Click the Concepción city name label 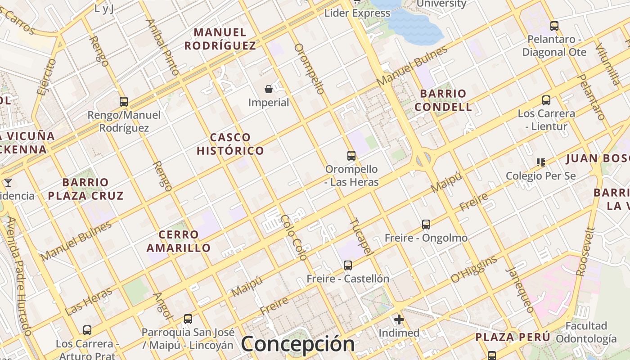[x=297, y=344]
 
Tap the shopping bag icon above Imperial [x=269, y=89]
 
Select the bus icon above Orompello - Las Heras [x=351, y=156]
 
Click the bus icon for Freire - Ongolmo [x=426, y=224]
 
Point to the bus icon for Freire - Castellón [x=348, y=265]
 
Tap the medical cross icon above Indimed [x=399, y=320]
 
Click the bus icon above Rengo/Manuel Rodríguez [x=124, y=102]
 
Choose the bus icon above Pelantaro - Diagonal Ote [x=554, y=26]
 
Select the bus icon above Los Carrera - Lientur [x=546, y=100]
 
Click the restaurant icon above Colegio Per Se [x=540, y=162]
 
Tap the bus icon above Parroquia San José [x=188, y=319]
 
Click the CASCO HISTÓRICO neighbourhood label [x=230, y=144]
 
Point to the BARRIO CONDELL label [x=443, y=100]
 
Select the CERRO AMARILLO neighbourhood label [x=179, y=241]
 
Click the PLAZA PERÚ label [x=513, y=337]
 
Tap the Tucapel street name [x=361, y=237]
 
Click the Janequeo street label [x=520, y=290]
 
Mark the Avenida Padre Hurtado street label [x=18, y=276]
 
